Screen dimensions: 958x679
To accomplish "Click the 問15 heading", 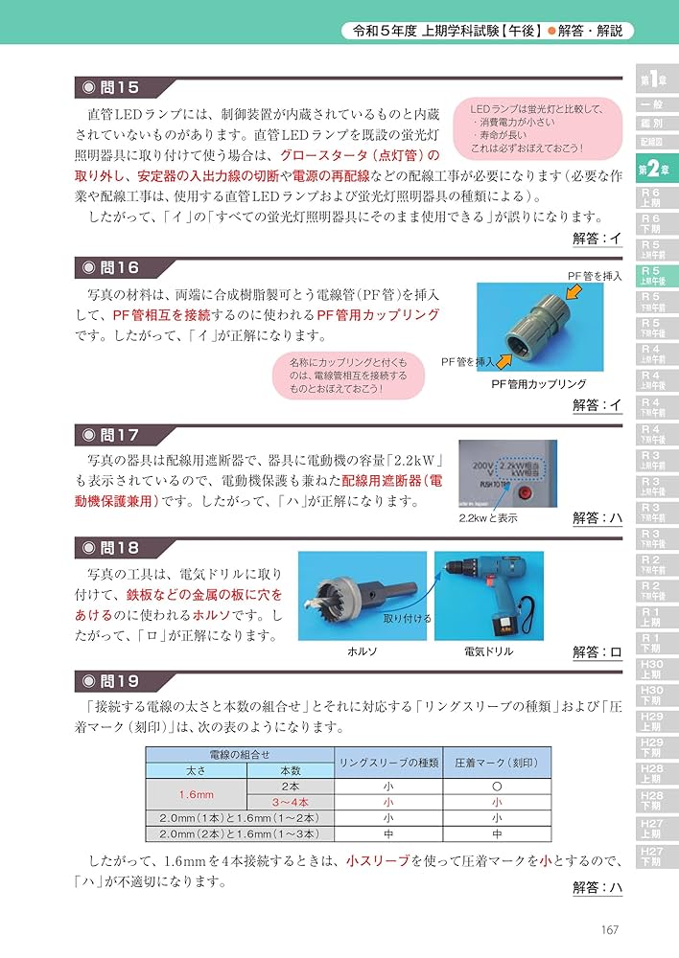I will (109, 88).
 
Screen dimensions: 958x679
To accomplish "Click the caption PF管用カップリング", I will (538, 383).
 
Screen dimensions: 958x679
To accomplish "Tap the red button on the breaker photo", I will (525, 494).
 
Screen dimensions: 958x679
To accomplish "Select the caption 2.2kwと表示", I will (488, 518).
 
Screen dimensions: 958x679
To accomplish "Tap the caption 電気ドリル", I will (488, 651).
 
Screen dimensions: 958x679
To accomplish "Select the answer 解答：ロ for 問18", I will (597, 652).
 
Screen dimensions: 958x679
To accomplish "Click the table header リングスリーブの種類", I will (388, 763).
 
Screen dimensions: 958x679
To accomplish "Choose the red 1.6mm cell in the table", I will (196, 794).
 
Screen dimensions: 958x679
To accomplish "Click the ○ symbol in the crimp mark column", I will (496, 786).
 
